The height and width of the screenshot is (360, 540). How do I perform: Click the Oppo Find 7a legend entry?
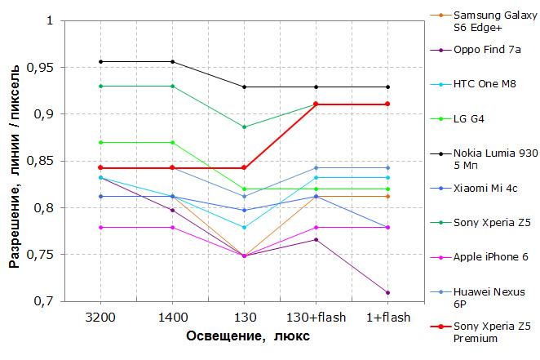(487, 50)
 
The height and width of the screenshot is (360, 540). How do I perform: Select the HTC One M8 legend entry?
(485, 84)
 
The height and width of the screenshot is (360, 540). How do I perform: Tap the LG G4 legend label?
(469, 119)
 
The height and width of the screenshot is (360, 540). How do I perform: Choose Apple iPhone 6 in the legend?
(491, 257)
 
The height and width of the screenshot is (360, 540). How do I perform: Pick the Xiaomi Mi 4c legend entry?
(485, 189)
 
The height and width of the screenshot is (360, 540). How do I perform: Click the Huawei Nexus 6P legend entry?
(489, 298)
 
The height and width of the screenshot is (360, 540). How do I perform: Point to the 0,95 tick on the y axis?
(40, 68)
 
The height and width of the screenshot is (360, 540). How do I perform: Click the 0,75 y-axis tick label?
(40, 255)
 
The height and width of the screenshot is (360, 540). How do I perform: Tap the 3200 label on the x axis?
(100, 318)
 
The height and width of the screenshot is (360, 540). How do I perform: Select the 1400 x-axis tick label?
(173, 318)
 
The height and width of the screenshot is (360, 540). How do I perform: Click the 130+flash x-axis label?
(316, 318)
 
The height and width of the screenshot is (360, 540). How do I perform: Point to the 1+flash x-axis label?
(388, 318)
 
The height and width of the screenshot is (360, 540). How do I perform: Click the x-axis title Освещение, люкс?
(248, 336)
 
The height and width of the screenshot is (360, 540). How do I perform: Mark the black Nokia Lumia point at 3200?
(100, 62)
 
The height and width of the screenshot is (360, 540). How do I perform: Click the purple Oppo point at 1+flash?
(387, 293)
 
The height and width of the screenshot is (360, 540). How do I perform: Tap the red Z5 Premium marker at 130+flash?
(316, 104)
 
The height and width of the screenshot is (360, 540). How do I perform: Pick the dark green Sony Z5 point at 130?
(244, 127)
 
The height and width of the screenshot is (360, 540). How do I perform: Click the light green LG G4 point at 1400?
(173, 143)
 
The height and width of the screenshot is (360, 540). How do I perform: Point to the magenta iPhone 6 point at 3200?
(100, 228)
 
